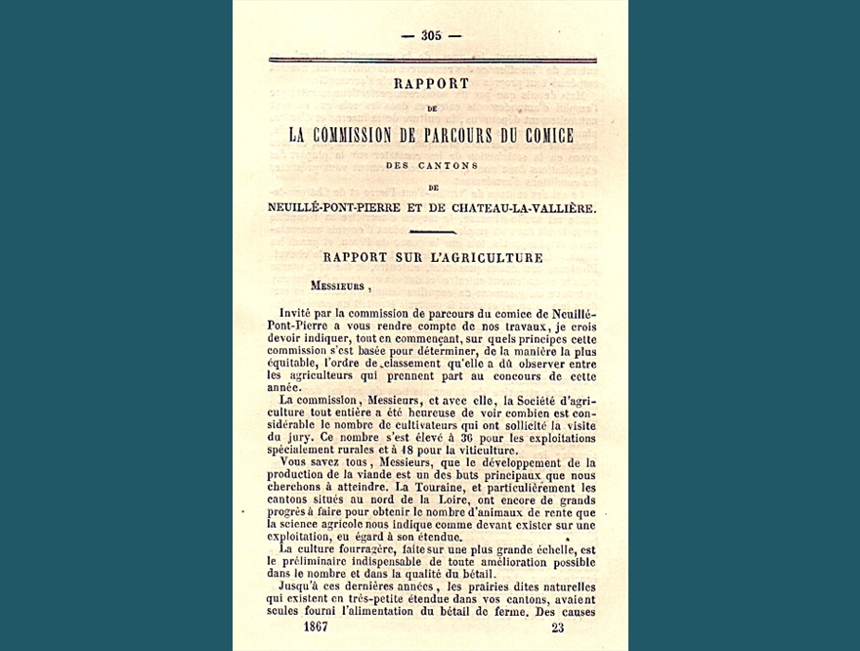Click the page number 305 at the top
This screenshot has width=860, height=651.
431,35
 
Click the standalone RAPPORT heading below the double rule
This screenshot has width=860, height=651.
431,84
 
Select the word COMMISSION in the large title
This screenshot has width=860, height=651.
378,135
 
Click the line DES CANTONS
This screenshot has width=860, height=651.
431,165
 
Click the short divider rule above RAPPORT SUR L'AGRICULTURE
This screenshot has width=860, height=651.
431,232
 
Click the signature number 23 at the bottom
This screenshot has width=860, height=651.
557,627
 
